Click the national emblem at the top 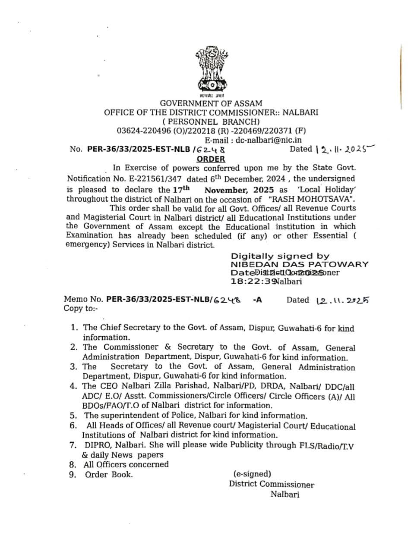point(211,71)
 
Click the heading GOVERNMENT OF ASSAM point(211,103)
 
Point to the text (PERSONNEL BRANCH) point(211,122)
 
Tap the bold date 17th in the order point(180,189)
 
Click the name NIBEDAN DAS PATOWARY point(300,264)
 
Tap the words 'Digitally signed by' point(280,256)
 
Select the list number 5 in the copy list point(73,416)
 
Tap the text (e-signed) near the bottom point(252,474)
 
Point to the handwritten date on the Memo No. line point(343,300)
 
